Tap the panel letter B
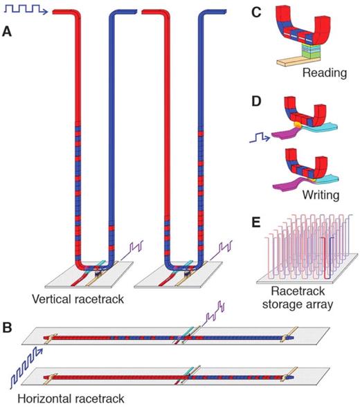[8, 322]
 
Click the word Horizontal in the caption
[33, 398]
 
